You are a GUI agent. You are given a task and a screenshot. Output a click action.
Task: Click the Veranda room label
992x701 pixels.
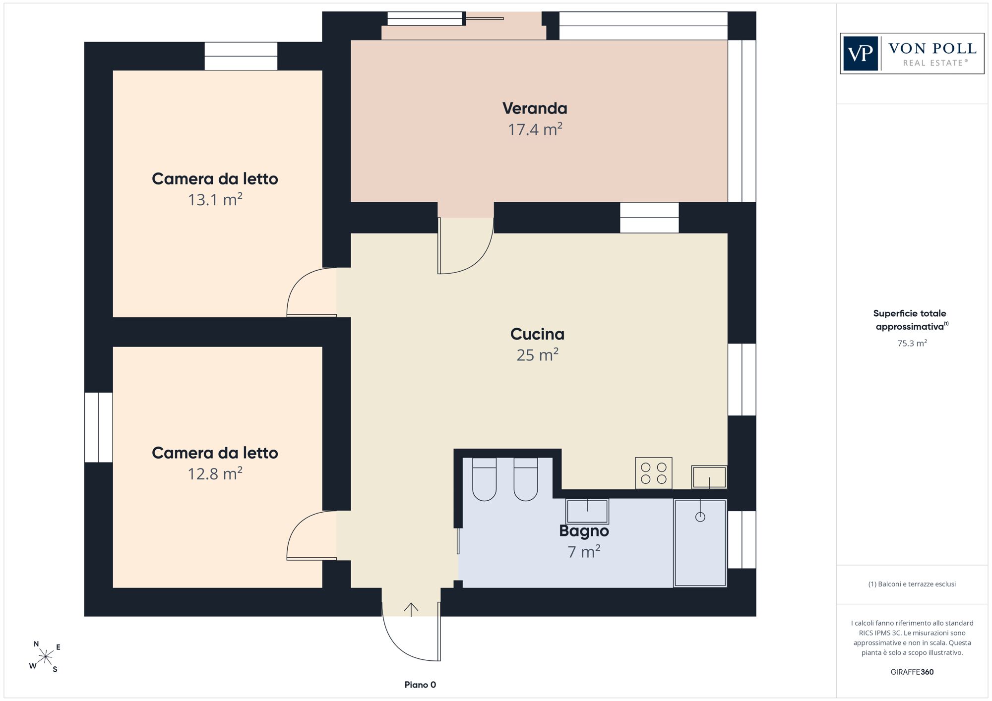tap(535, 108)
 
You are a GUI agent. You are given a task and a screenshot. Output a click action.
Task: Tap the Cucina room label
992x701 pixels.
tap(537, 334)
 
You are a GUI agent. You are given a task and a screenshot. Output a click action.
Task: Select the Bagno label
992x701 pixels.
tap(584, 531)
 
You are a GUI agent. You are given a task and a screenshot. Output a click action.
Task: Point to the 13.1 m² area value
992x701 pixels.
tap(215, 199)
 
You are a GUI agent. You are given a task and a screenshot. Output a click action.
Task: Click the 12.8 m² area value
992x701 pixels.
tap(215, 473)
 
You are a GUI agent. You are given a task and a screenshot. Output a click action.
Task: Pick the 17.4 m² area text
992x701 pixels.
tap(535, 129)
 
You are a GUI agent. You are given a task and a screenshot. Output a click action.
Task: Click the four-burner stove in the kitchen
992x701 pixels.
tap(654, 473)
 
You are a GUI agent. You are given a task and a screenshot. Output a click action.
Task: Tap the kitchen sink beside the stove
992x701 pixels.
tap(709, 477)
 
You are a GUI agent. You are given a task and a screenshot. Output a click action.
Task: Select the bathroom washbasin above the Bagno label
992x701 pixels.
tap(587, 511)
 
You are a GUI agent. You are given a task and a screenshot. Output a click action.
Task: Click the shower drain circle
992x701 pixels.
tap(700, 517)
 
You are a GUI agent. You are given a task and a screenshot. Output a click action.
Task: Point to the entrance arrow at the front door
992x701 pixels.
tap(411, 610)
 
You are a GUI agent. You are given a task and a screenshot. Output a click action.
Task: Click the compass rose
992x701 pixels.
tap(45, 657)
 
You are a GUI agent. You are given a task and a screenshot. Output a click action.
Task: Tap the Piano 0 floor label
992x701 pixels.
tap(420, 685)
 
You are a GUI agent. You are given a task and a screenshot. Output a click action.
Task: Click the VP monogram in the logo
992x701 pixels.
tap(861, 54)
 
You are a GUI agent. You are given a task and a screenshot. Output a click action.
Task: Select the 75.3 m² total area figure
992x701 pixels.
tap(912, 343)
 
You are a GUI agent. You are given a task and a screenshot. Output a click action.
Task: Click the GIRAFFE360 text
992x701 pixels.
tap(912, 672)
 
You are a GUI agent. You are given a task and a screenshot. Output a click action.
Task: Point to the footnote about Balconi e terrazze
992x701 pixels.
tap(912, 584)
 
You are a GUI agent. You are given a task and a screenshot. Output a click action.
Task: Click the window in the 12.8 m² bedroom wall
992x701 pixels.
tap(99, 427)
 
